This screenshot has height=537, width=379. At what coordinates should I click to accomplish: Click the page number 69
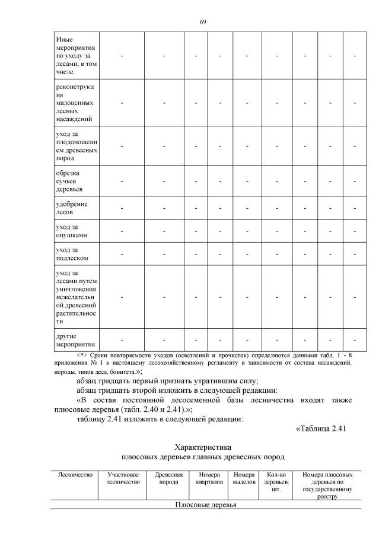point(202,22)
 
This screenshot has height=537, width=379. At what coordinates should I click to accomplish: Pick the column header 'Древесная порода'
point(168,478)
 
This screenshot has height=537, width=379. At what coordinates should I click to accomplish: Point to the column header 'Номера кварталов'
point(208,478)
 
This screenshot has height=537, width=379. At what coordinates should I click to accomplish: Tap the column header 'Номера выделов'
point(244,478)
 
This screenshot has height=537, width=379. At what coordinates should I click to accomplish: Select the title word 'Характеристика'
point(202,446)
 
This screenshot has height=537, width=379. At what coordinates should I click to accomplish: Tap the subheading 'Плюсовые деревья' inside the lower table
point(205,505)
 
